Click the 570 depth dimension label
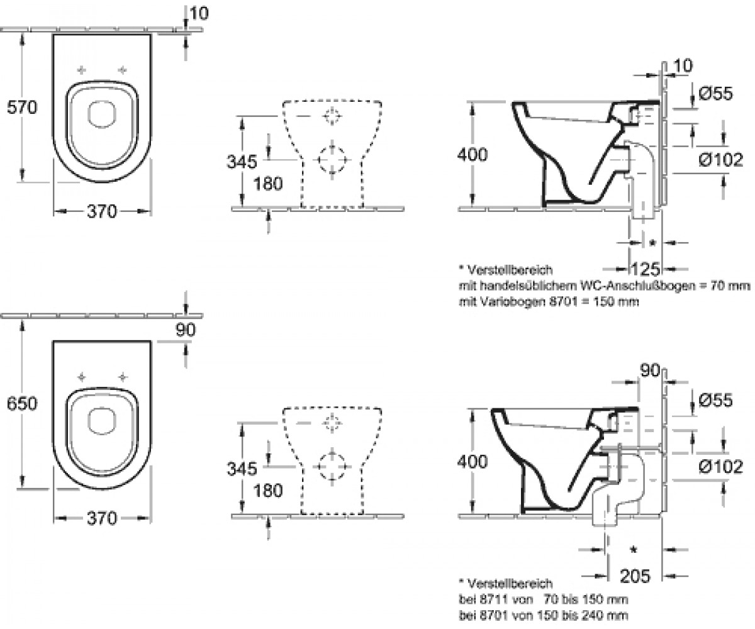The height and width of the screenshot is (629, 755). click(22, 108)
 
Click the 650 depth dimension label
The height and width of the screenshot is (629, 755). click(22, 403)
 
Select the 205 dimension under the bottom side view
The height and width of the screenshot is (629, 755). click(635, 576)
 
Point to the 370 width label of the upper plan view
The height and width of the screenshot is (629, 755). click(102, 211)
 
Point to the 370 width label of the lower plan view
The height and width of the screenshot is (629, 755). click(102, 518)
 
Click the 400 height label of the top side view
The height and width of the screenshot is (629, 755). click(473, 154)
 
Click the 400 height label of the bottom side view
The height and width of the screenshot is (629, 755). click(473, 462)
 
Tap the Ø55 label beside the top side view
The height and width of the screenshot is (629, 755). click(715, 93)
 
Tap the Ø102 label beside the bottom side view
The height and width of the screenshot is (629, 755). click(720, 466)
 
